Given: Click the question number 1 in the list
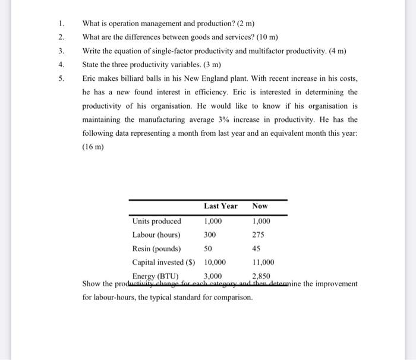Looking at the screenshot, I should [x=61, y=24].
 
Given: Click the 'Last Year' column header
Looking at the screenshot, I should [x=220, y=206].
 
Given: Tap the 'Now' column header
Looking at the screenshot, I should [x=260, y=206].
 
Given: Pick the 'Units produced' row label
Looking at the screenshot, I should [x=156, y=221].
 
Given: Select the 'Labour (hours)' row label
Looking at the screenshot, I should [x=157, y=235].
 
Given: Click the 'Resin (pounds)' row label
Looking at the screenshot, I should [x=156, y=248].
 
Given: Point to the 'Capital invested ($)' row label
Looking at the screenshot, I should [x=166, y=262].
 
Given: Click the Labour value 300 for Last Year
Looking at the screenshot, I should [x=210, y=235].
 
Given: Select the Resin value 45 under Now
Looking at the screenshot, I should [x=256, y=248].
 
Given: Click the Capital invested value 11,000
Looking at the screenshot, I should [x=262, y=262].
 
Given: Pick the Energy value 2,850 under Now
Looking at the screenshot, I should [x=261, y=276].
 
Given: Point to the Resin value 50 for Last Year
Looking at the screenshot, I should [x=208, y=248].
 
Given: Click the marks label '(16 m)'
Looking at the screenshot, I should [x=93, y=147].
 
